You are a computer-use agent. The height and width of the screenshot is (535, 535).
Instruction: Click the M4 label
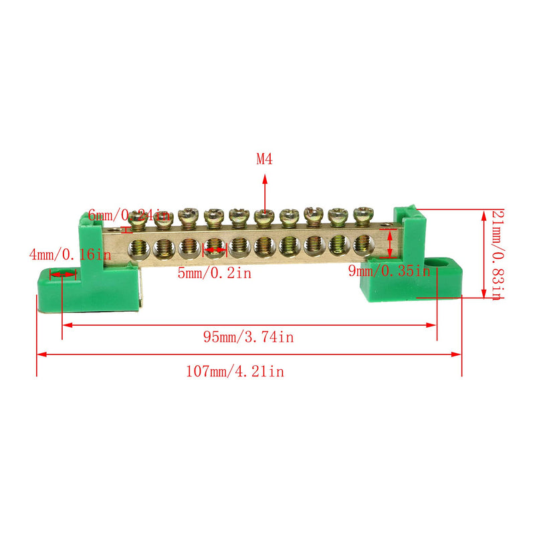click(265, 159)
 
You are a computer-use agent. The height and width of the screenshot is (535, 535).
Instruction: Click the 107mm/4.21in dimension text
click(235, 372)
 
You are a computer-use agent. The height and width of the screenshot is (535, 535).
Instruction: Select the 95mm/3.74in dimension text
click(248, 338)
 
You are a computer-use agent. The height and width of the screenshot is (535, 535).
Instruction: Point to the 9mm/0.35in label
click(389, 271)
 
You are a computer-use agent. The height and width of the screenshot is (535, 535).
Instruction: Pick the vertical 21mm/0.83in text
click(496, 255)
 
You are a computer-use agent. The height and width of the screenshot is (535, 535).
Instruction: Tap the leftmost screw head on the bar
click(139, 216)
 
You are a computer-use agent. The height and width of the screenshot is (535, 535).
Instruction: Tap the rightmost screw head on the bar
click(362, 215)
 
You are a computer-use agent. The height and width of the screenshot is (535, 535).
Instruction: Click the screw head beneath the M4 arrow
click(264, 216)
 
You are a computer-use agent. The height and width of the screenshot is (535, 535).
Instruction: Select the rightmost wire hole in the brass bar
click(364, 245)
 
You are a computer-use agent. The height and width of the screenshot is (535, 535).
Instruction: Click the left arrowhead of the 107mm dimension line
click(41, 354)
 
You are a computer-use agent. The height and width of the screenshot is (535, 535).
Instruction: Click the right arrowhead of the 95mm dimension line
click(433, 326)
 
